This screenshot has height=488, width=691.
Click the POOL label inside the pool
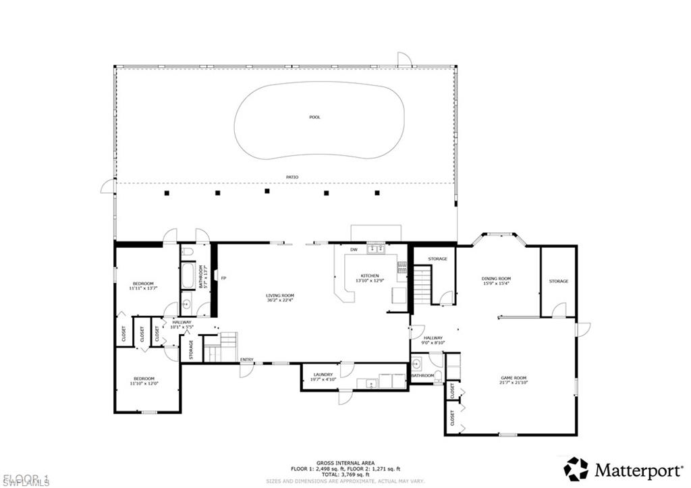pos(314,117)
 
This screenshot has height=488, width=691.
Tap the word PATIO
pos(292,177)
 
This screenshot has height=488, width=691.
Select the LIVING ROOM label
pos(279,296)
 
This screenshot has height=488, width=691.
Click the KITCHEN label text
pos(370,275)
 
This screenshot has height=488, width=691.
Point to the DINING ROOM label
pos(496,278)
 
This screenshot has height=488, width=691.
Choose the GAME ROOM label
pos(512,378)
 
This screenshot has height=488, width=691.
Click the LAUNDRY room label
pos(323,375)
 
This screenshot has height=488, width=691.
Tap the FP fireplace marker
pos(223,277)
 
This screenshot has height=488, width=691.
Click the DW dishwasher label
pos(354,250)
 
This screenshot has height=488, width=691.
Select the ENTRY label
pos(246,359)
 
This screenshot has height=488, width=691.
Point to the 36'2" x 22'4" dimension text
pos(279,301)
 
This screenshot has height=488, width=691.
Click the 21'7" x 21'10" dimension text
pos(512,383)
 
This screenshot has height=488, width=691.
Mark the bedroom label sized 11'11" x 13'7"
pos(143,283)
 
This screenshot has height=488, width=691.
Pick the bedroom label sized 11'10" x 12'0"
pos(143,378)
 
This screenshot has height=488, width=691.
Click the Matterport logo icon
pos(576,468)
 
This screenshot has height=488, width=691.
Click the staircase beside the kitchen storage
pos(422,284)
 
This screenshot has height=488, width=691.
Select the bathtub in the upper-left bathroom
pos(188,276)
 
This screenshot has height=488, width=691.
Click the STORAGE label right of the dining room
pos(558,281)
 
